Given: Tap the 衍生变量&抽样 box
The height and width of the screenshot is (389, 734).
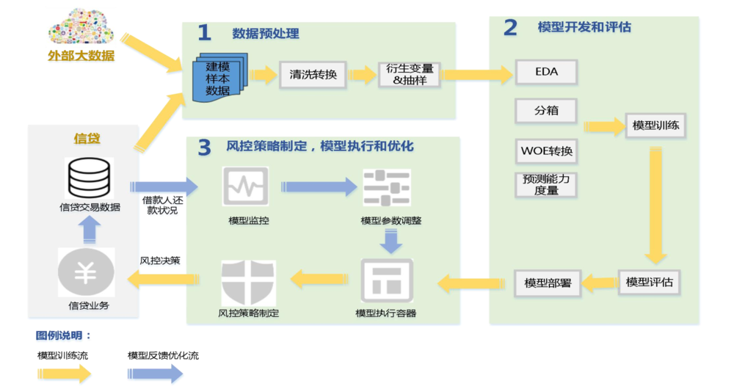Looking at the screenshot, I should point(409,74).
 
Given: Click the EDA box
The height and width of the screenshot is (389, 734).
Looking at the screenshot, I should point(546,73).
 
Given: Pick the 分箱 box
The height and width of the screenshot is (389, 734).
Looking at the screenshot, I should point(546,111).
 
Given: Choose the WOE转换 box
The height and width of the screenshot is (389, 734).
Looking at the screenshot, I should point(546,152).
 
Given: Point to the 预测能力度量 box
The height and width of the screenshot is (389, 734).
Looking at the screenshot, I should point(546,184).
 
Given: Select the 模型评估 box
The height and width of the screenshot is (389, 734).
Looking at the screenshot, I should point(650,281).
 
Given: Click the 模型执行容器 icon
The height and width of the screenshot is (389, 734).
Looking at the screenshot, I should point(386,282).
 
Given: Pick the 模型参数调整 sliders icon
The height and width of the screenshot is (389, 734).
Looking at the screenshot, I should point(386,189).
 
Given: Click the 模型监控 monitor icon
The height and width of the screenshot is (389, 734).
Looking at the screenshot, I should point(245,188).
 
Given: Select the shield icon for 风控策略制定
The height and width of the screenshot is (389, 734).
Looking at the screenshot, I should point(248,283).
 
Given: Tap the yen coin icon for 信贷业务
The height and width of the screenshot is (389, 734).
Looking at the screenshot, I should point(86,273).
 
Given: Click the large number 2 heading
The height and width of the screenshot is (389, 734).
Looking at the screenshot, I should point(509,28).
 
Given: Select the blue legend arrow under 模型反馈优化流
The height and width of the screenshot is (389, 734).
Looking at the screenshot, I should point(156,373).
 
